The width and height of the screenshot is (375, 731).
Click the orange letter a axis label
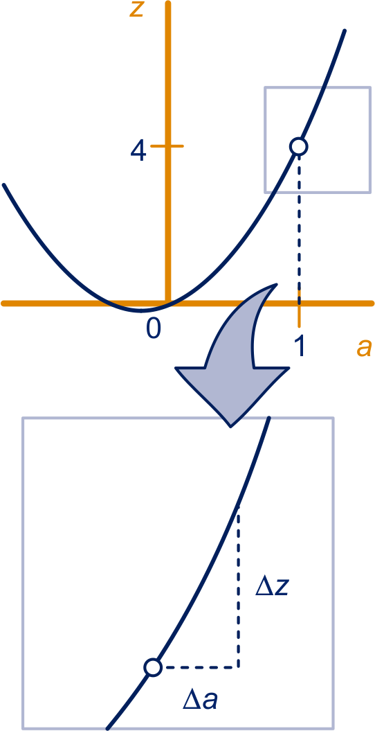pyautogui.click(x=365, y=348)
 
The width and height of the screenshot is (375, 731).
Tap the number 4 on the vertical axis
pyautogui.click(x=138, y=152)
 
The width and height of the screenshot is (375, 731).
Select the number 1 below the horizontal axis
pyautogui.click(x=300, y=347)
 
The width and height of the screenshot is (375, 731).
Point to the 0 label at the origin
pyautogui.click(x=154, y=328)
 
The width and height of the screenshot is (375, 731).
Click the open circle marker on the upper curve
pyautogui.click(x=299, y=146)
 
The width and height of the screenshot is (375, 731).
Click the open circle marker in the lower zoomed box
pyautogui.click(x=153, y=667)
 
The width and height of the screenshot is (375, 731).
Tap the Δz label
pyautogui.click(x=273, y=588)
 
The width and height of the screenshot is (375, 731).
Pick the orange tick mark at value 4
pyautogui.click(x=167, y=146)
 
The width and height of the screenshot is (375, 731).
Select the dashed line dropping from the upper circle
pyautogui.click(x=299, y=224)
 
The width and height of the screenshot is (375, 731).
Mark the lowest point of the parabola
pyautogui.click(x=143, y=310)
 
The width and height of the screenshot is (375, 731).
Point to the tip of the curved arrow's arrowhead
pyautogui.click(x=231, y=426)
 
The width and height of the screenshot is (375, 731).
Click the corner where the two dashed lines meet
pyautogui.click(x=238, y=667)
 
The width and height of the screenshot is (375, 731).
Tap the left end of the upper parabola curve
pyautogui.click(x=3, y=185)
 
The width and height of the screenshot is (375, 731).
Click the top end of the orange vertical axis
pyautogui.click(x=168, y=3)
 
